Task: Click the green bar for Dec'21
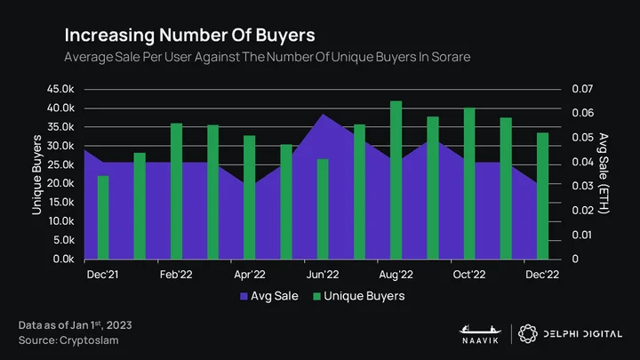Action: [x=103, y=218]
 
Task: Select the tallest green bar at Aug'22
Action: [x=396, y=180]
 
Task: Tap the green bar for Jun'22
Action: [x=323, y=209]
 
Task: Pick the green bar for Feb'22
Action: [x=176, y=191]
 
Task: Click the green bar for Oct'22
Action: [x=469, y=183]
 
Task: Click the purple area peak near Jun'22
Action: [x=323, y=115]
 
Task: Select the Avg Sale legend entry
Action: [x=269, y=296]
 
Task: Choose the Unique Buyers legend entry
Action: [x=359, y=296]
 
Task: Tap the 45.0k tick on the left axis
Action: [x=60, y=89]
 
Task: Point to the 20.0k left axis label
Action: [x=60, y=183]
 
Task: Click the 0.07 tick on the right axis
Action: [x=582, y=89]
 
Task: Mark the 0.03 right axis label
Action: [x=582, y=186]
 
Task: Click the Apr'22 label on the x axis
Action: [x=250, y=275]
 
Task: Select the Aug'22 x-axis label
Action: [x=396, y=275]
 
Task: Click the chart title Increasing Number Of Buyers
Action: [x=190, y=35]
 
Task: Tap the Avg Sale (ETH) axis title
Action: [x=604, y=173]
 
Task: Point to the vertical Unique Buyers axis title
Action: [x=36, y=175]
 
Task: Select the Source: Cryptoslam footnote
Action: [x=68, y=340]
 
